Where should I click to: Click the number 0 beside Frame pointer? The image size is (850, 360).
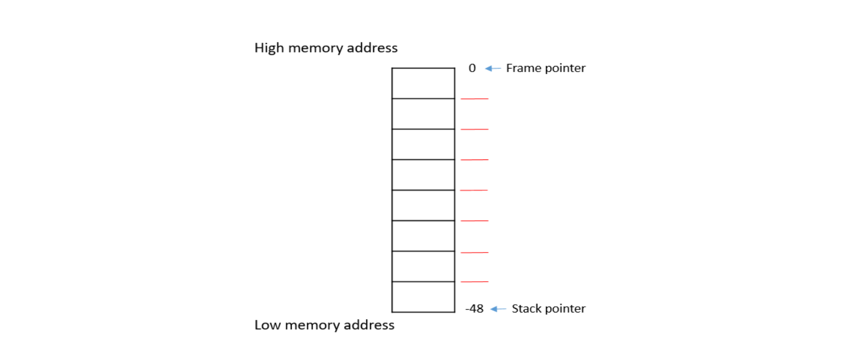[472, 68]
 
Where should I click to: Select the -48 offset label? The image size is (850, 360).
[475, 309]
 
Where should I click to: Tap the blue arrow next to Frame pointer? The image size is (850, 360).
[493, 68]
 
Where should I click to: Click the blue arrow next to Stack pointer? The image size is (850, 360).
[498, 309]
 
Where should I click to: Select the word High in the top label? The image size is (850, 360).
[269, 48]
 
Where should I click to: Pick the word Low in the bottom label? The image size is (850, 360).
[267, 325]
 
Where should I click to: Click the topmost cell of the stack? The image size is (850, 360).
[423, 83]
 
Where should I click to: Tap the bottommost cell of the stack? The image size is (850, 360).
[423, 297]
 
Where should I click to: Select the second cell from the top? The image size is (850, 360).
[423, 114]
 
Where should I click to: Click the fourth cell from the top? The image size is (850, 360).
[423, 175]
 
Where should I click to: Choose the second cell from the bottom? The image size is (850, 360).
[423, 267]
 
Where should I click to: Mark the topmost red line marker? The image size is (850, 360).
[474, 99]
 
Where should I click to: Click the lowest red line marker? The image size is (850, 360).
[474, 282]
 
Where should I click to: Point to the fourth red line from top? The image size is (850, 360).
[474, 190]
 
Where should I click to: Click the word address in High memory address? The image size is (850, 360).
[372, 48]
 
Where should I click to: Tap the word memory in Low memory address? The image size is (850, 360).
[312, 326]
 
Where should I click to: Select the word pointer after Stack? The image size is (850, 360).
[565, 309]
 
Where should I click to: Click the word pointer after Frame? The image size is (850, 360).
[565, 68]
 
